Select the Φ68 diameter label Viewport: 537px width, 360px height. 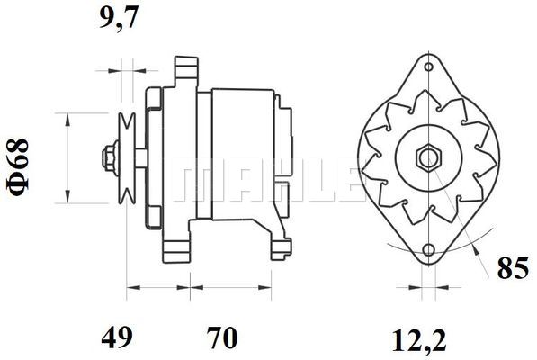[x=20, y=160]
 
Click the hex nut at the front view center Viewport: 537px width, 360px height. [x=426, y=157]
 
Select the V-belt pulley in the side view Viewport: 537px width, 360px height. [x=127, y=157]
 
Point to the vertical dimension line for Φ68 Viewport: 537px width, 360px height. [x=68, y=157]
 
